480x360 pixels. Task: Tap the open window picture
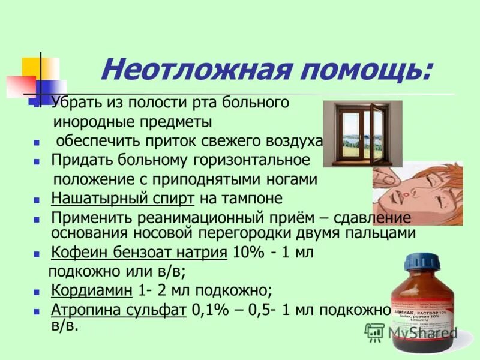(x=362, y=133)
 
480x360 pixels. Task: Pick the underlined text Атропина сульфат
(x=118, y=310)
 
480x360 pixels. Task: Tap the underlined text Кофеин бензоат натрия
(x=139, y=253)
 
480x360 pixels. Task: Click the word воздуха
(x=294, y=141)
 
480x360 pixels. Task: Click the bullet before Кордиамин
(x=37, y=292)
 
